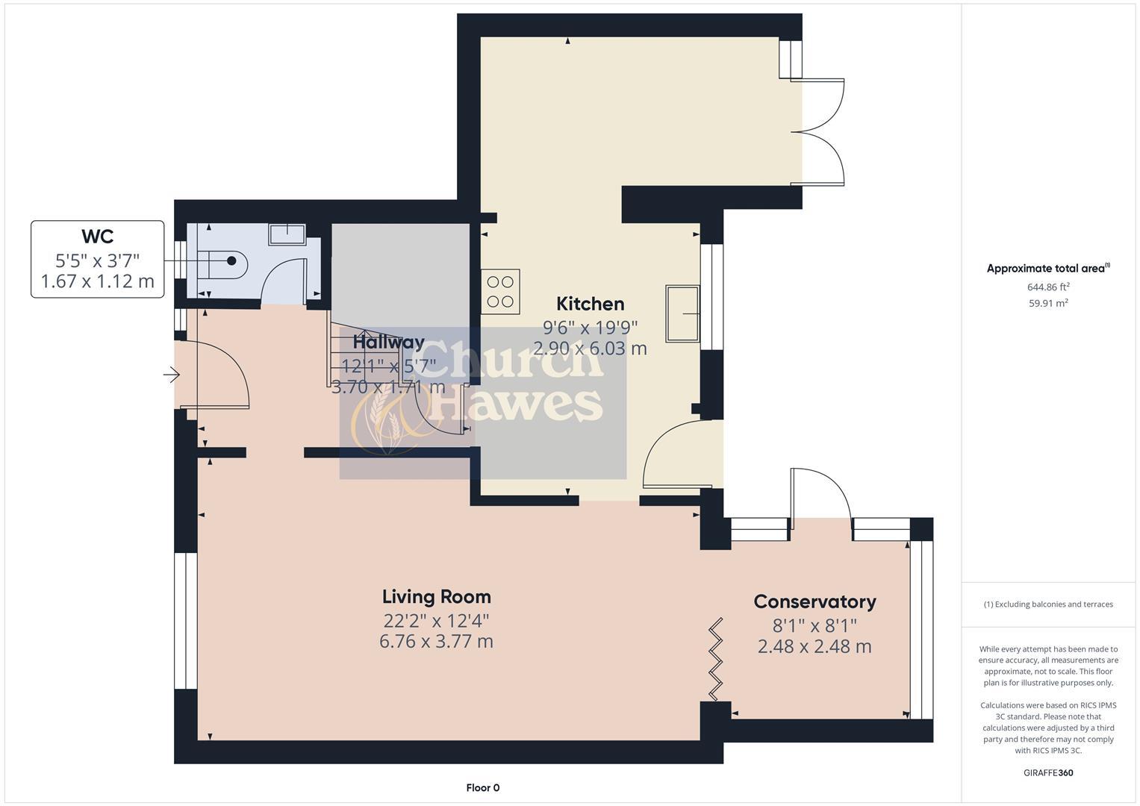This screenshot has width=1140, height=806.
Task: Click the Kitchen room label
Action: coord(590,304)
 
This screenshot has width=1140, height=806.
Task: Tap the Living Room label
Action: coord(436,597)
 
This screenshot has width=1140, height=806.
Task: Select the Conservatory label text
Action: coord(814,602)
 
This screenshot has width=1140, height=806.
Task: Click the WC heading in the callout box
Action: coord(97,237)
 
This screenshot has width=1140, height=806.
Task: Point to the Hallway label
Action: coord(388,343)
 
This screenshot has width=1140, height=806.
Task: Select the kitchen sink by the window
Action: coord(683,313)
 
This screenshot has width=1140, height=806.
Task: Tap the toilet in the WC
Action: coord(222,261)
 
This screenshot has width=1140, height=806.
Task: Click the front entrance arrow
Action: coord(172,375)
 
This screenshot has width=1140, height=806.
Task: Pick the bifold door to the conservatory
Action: coord(716,659)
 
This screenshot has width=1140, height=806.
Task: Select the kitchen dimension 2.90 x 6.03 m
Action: coord(590,349)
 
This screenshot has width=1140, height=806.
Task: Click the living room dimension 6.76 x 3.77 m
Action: coord(436,642)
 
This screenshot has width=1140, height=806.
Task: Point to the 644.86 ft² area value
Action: coord(1048,287)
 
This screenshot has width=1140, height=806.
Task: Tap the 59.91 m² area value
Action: coord(1048,303)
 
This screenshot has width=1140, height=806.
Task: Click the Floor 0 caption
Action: coord(482,788)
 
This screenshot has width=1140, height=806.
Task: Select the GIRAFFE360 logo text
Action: coord(1048,773)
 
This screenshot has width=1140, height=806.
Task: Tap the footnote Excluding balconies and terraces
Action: coord(1048,604)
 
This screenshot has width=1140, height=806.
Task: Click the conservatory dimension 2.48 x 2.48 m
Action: coord(814,646)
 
